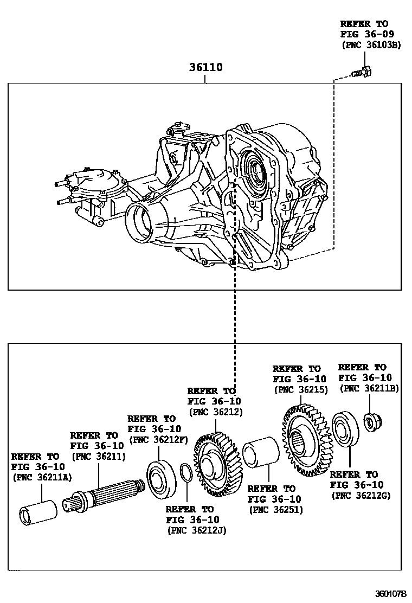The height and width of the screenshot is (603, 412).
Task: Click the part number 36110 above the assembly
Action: pyautogui.click(x=205, y=68)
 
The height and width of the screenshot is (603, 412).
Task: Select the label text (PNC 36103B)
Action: pyautogui.click(x=371, y=45)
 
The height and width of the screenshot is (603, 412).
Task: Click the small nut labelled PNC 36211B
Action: pyautogui.click(x=370, y=421)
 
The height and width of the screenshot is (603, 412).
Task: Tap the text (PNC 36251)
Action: pyautogui.click(x=275, y=510)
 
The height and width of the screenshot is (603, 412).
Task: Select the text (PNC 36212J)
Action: pyautogui.click(x=196, y=530)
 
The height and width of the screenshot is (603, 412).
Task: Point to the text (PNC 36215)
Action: pyautogui.click(x=301, y=389)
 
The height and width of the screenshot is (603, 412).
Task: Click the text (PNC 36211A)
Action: pyautogui.click(x=42, y=477)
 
